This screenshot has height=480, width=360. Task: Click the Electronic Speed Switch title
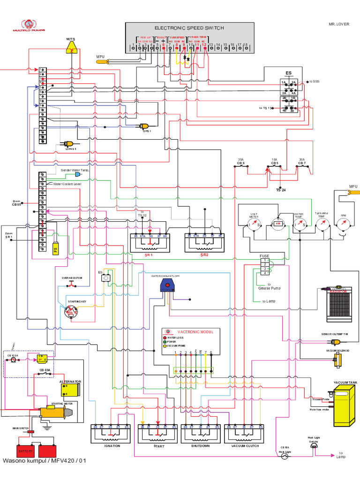(x=189, y=28)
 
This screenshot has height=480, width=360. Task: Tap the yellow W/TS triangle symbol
(x=71, y=47)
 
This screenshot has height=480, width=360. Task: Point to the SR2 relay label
(x=204, y=255)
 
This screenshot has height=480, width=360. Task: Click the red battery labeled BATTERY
(x=26, y=452)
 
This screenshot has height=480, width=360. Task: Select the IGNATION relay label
(x=110, y=446)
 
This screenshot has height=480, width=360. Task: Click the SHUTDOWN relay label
(x=200, y=446)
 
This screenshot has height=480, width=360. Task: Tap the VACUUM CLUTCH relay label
(x=245, y=446)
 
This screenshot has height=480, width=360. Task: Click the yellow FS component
(x=55, y=248)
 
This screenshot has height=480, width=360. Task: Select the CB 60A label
(x=45, y=370)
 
